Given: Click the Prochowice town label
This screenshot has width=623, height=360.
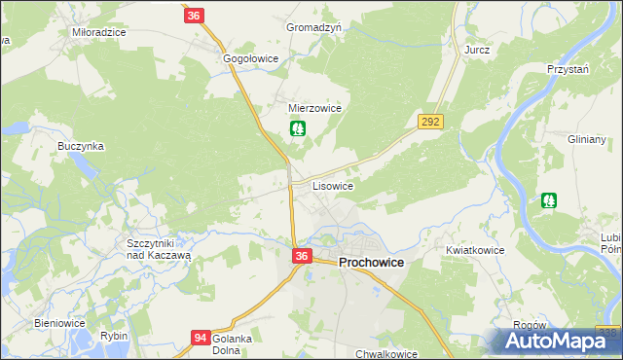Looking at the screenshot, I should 371,263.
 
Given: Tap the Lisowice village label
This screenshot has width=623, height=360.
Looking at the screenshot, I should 332,184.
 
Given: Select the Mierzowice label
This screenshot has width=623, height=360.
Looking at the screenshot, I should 314,108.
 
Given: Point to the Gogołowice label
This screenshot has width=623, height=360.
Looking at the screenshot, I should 251,58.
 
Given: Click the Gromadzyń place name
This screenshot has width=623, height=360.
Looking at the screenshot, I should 313,28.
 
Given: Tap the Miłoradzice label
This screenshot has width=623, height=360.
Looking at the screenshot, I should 99,32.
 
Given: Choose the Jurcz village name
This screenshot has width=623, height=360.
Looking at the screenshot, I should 477,50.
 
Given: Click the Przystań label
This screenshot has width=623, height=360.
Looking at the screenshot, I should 570,70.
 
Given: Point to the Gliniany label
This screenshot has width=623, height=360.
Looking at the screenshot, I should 587,139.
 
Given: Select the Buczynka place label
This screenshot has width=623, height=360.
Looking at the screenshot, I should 81,146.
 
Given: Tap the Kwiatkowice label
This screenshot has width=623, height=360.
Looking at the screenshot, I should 475,250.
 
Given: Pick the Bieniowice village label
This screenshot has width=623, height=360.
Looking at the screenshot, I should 60,323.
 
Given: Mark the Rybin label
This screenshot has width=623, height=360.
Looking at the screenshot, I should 114,336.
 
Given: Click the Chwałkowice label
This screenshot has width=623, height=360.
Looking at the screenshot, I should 386,354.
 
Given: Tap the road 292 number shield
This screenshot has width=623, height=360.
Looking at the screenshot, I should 430,122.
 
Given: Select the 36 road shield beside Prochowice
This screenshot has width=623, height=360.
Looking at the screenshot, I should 302,256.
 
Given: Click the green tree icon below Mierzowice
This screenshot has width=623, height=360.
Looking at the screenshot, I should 298,127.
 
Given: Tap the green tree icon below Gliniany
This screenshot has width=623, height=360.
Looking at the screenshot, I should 549,200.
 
